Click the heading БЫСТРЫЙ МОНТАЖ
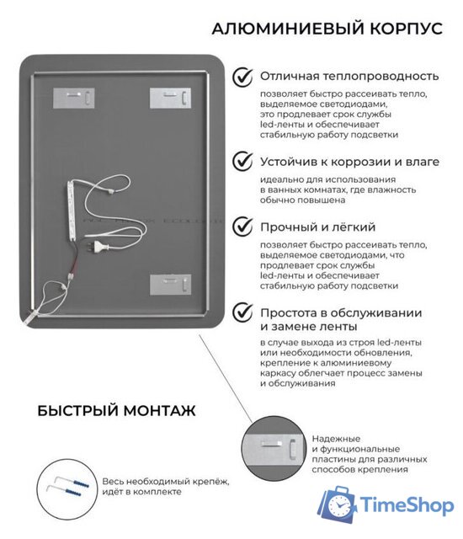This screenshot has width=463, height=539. (116, 411)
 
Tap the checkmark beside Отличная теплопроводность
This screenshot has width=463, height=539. (243, 77)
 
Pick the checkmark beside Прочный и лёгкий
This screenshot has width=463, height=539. (243, 227)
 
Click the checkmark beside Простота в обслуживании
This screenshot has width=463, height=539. (243, 312)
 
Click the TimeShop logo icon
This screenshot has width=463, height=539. (338, 504)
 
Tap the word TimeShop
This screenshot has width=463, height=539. (407, 505)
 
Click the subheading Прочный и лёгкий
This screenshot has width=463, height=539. (306, 227)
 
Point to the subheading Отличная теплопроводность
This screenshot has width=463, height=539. (349, 77)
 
